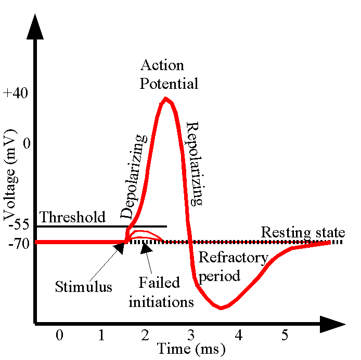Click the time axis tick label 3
[x=191, y=336]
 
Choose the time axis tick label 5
[x=285, y=336]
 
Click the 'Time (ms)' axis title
[x=191, y=349]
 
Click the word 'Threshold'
[x=72, y=217]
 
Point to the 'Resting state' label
[x=302, y=232]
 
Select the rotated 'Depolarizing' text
[x=134, y=177]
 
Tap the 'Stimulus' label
[x=83, y=286]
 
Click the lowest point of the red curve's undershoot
[x=221, y=308]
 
